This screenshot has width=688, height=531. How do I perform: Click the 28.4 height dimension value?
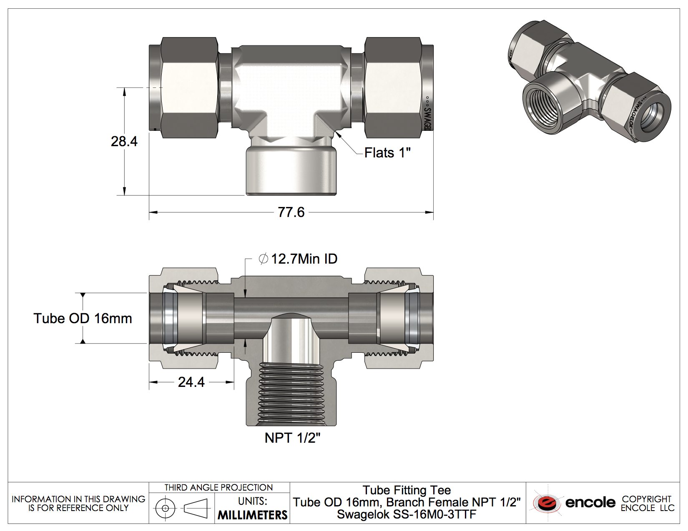coord(124,141)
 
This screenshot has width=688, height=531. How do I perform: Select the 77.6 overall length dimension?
coord(291,212)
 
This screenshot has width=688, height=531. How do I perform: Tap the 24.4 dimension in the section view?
coord(191,382)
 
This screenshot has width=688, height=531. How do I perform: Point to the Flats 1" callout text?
coord(387,153)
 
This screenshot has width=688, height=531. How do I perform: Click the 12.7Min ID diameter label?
coord(298,259)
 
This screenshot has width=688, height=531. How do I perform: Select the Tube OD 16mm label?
coord(83,319)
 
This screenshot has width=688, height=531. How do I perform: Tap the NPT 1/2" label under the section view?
coord(293,438)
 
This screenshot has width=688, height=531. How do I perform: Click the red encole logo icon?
coord(547,503)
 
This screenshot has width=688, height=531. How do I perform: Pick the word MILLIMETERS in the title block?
coord(252,515)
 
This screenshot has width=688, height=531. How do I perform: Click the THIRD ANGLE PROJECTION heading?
coord(218,488)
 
